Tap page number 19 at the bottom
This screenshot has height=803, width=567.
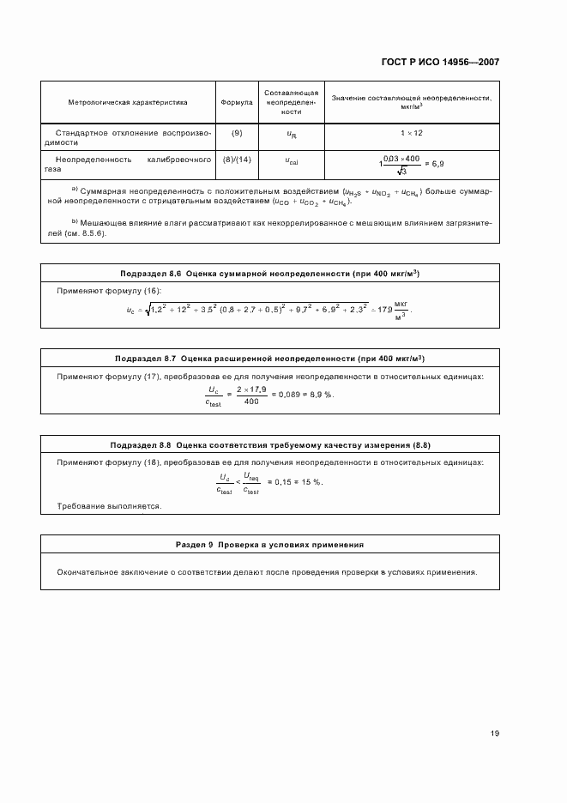coord(494,734)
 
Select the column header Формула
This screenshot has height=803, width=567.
coord(237,102)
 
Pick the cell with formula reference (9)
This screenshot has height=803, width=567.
coord(237,133)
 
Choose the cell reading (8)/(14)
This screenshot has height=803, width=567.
coord(237,160)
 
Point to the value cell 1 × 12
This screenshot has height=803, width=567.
coord(412,134)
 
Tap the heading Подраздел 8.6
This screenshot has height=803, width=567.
coord(153,273)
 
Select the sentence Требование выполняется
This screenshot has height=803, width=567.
coord(109,506)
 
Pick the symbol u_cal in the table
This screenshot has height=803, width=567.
coord(292,160)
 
